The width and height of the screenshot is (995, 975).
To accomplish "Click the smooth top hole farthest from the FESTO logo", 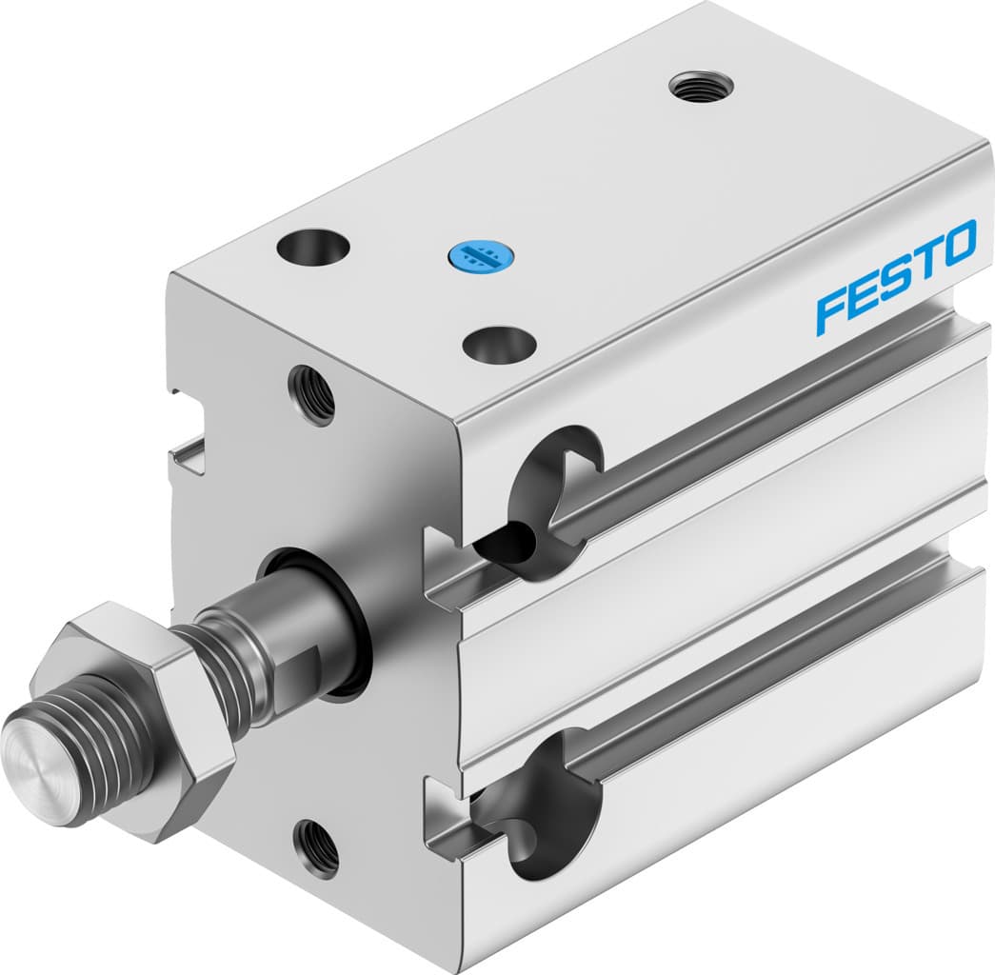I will point(313,248).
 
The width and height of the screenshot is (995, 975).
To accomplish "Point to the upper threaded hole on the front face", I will point(313,395).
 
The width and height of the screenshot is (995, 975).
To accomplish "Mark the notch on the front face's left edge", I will point(186,448).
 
